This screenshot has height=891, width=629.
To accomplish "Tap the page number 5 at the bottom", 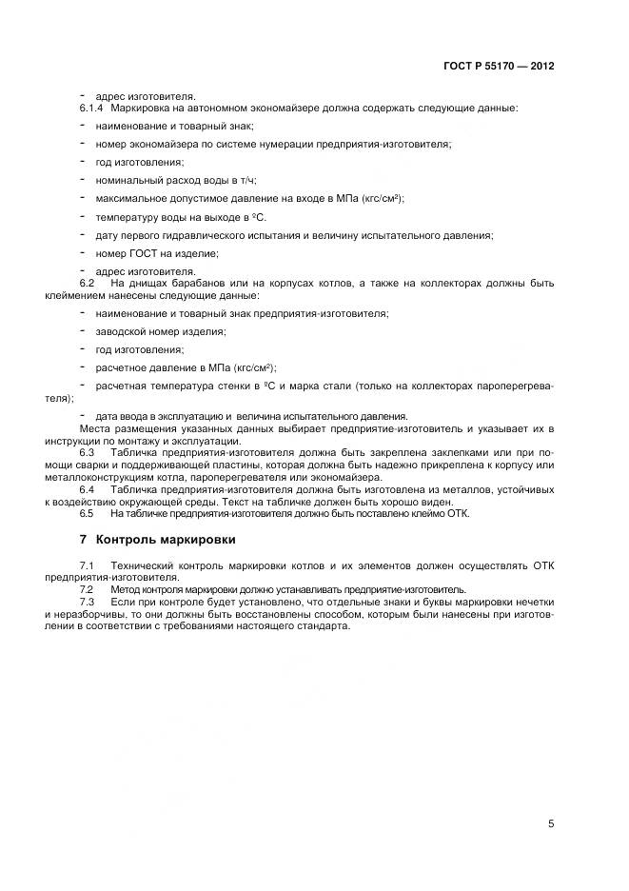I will (551, 823).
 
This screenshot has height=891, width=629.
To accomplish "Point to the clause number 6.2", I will (87, 284).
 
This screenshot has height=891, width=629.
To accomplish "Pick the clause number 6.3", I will (87, 451).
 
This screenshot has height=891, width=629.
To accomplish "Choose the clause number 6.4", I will (87, 488).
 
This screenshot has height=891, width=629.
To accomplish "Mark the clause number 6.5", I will (87, 513).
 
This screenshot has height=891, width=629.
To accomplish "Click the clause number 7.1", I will (87, 565).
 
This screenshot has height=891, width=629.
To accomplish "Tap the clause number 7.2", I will (87, 589).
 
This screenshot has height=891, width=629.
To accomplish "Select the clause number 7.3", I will (87, 603).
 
